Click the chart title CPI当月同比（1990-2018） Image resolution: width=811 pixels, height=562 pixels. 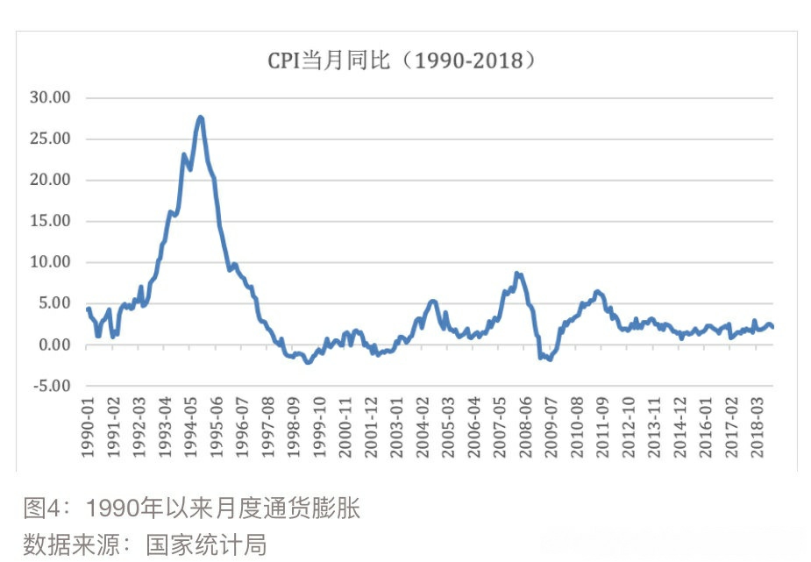tap(401, 60)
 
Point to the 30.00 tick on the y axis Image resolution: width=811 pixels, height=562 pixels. tap(50, 97)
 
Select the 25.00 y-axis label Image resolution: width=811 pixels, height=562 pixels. tap(50, 139)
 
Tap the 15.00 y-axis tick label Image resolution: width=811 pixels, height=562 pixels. tap(50, 221)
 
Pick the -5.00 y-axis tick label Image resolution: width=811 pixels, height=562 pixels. tap(51, 386)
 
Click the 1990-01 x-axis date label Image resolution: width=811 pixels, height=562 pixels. tap(88, 428)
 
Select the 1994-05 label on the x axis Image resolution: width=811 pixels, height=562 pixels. tap(191, 428)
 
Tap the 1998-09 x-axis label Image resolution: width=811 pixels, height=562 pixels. tap(295, 428)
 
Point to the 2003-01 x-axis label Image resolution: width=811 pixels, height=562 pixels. tap(397, 428)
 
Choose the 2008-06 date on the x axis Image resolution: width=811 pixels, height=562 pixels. tap(526, 428)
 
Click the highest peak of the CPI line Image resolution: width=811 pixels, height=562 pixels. tap(201, 117)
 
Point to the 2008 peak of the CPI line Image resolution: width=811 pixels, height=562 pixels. tap(517, 274)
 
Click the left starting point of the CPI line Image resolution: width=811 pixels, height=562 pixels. tap(88, 309)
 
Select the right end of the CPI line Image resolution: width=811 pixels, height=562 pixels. tap(772, 327)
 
